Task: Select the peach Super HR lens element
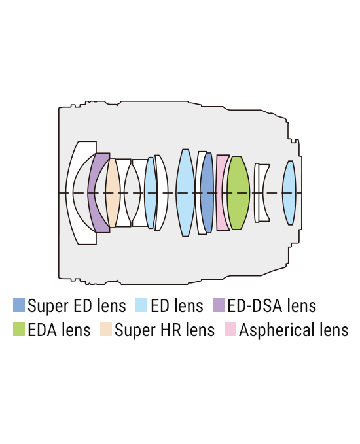pyautogui.click(x=113, y=192)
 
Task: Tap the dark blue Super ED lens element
pyautogui.click(x=207, y=192)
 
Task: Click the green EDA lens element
pyautogui.click(x=238, y=192)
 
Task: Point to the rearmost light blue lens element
pyautogui.click(x=289, y=192)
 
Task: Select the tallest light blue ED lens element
pyautogui.click(x=185, y=192)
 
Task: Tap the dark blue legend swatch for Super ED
pyautogui.click(x=19, y=305)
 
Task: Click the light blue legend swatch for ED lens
pyautogui.click(x=141, y=305)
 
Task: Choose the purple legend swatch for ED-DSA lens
pyautogui.click(x=219, y=305)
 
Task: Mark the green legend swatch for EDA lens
pyautogui.click(x=19, y=330)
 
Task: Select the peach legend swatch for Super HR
pyautogui.click(x=106, y=330)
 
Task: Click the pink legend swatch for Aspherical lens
pyautogui.click(x=230, y=330)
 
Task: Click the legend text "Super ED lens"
pyautogui.click(x=77, y=306)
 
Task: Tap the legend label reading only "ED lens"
pyautogui.click(x=177, y=305)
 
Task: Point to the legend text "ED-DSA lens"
pyautogui.click(x=272, y=305)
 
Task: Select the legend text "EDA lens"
pyautogui.click(x=60, y=330)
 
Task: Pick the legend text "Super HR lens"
pyautogui.click(x=165, y=330)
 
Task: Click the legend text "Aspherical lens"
pyautogui.click(x=294, y=330)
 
